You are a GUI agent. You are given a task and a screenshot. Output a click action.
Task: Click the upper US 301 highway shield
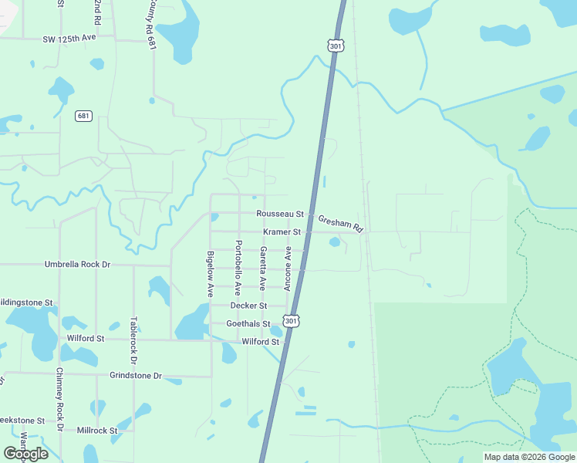pos(335,46)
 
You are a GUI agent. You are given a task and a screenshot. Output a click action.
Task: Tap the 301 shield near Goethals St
pos(291,320)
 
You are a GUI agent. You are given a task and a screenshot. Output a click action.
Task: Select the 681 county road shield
pos(83,116)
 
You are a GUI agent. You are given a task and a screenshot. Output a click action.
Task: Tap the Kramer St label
pos(282,231)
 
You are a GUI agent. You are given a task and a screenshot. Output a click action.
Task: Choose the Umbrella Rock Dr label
pos(77,264)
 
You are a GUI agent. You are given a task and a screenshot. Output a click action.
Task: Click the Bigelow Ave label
pos(210,274)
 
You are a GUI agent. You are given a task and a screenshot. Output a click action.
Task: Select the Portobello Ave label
pos(238,268)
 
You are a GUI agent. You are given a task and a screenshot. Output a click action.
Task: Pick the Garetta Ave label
pos(263,267)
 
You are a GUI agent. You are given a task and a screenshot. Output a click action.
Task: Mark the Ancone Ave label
pos(288,269)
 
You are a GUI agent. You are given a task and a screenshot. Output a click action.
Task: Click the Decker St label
pos(248,306)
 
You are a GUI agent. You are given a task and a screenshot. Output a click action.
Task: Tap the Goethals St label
pos(248,324)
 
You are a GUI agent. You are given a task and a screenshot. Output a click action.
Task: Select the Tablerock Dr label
pos(133,340)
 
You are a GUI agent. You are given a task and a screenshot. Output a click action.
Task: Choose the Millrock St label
pos(96,430)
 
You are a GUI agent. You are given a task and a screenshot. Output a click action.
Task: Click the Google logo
pos(25,454)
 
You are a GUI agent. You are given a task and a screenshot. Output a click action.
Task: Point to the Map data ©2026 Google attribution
pos(529,457)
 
